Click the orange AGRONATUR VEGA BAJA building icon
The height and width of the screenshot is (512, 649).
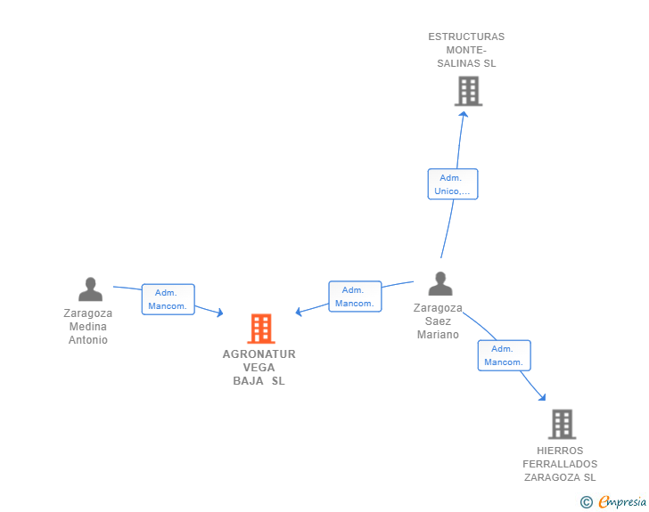click(x=261, y=329)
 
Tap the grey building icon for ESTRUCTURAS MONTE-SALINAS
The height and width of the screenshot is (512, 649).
click(x=469, y=91)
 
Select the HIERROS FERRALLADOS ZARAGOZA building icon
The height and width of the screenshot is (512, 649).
click(x=562, y=424)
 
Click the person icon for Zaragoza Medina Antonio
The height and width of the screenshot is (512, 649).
click(x=90, y=289)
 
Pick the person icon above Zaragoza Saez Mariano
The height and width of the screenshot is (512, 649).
click(x=440, y=283)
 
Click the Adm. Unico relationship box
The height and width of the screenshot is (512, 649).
click(x=453, y=184)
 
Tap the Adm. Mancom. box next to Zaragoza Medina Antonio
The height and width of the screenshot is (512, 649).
click(x=168, y=299)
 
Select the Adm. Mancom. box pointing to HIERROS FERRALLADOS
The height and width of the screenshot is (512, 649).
click(x=505, y=355)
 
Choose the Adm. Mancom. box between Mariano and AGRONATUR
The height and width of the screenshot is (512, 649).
click(x=355, y=297)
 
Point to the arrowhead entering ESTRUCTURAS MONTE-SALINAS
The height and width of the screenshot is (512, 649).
click(x=464, y=114)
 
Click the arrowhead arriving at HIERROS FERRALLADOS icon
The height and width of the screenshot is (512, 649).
click(x=542, y=397)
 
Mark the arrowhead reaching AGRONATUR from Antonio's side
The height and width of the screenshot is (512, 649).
click(x=220, y=313)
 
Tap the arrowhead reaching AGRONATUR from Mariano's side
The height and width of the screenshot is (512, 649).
click(x=299, y=312)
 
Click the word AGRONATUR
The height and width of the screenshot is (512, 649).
click(x=259, y=354)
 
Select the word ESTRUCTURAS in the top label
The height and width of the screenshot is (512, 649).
click(x=466, y=37)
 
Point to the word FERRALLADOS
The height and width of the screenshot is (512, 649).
click(x=560, y=464)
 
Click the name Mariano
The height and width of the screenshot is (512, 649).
click(x=438, y=335)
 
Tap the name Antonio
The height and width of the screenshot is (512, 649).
click(x=88, y=340)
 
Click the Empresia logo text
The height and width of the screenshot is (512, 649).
click(x=622, y=502)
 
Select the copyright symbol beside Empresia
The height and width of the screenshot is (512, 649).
click(x=587, y=502)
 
